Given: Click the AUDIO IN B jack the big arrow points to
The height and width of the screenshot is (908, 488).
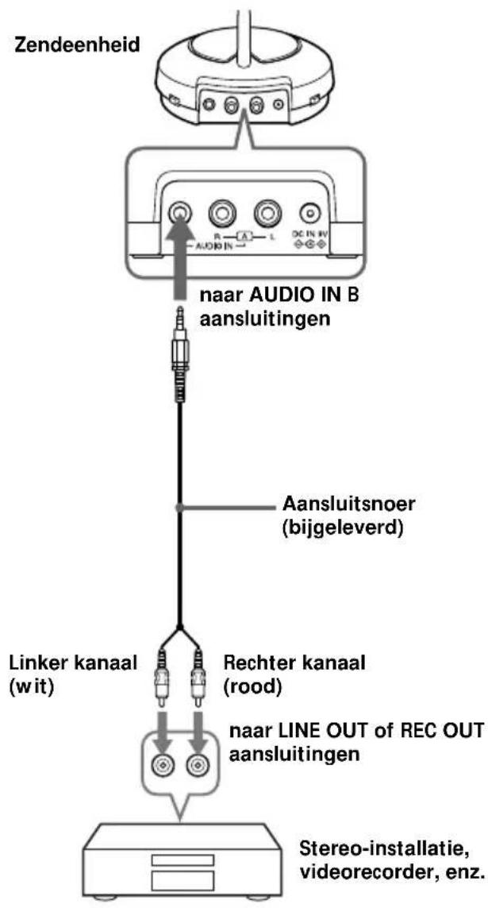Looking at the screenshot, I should tap(179, 214).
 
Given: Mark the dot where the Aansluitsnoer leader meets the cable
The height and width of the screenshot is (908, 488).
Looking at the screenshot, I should tap(180, 507).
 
